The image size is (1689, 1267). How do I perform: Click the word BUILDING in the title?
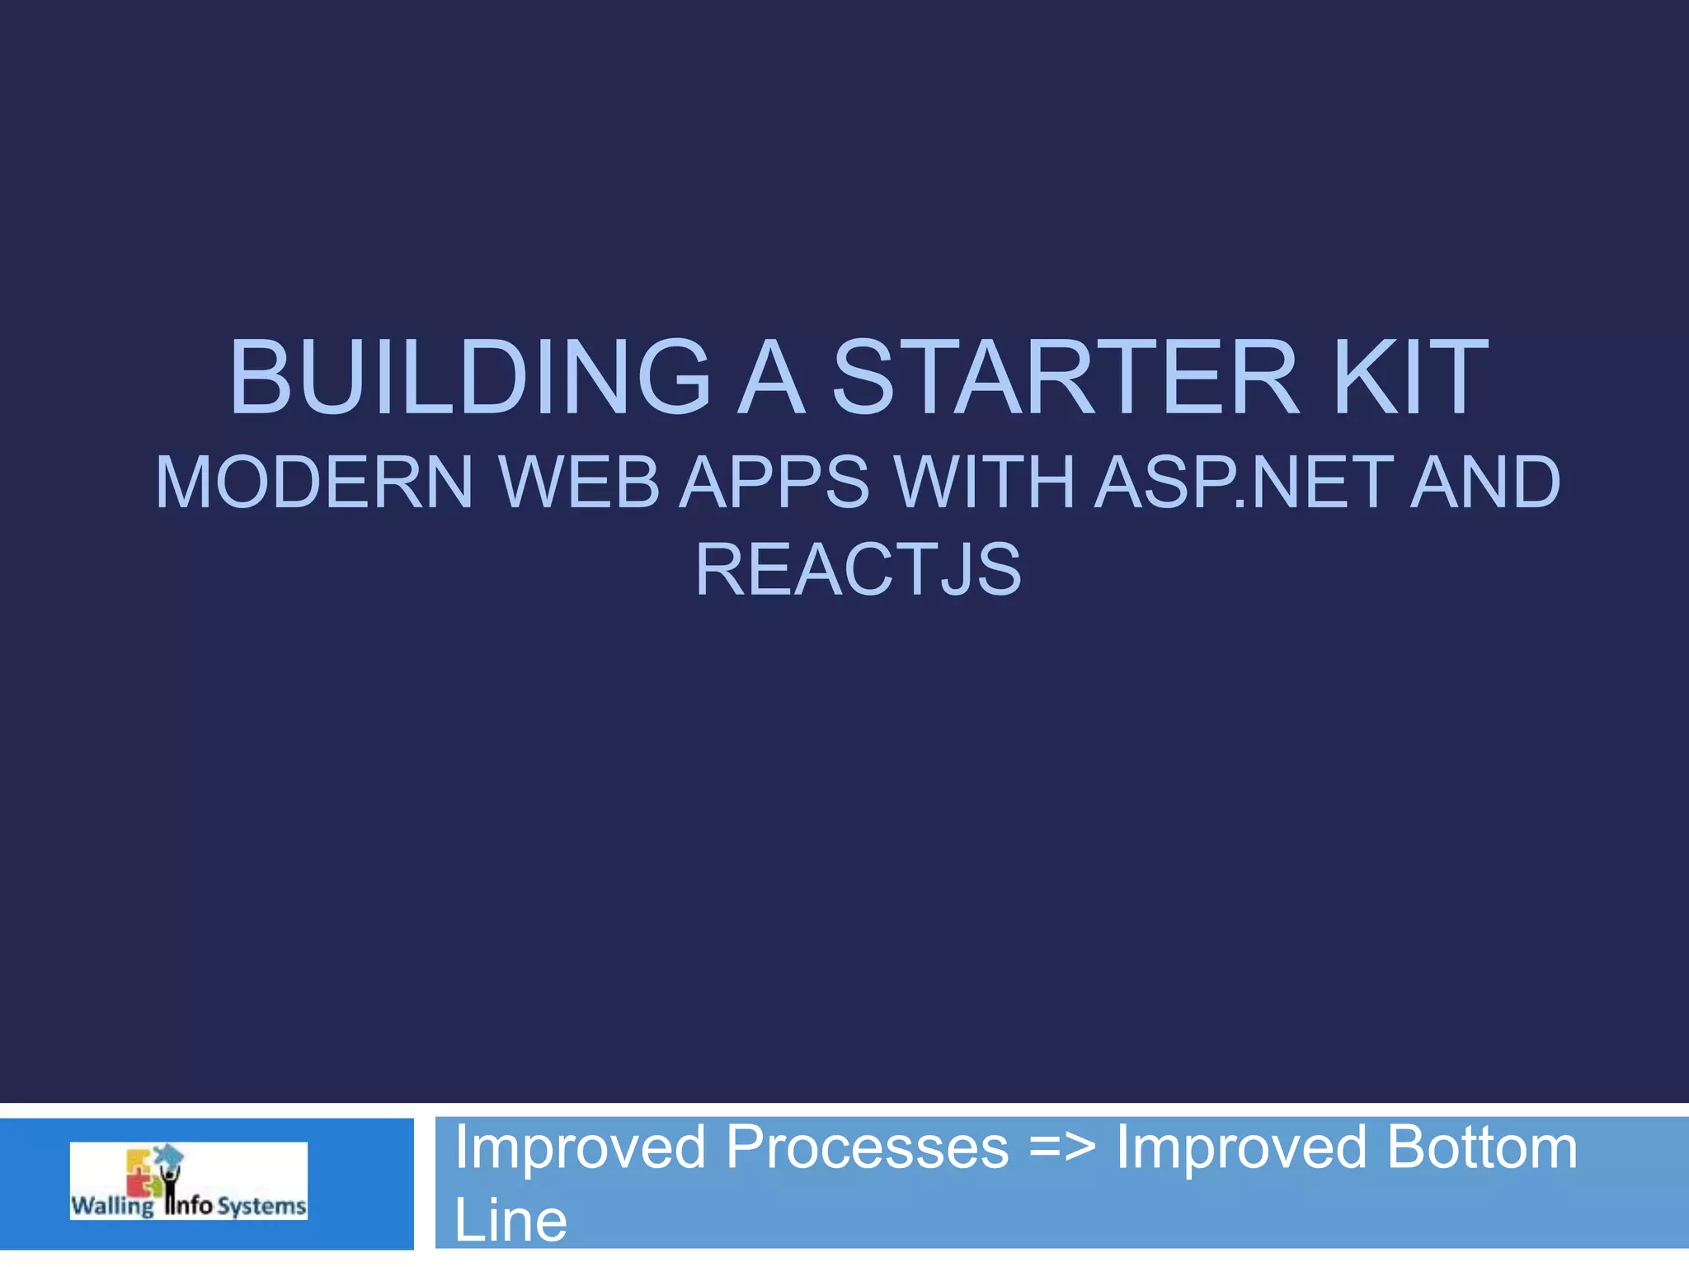470,377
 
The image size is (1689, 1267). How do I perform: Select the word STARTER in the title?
1066,377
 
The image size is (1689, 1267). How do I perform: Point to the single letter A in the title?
770,377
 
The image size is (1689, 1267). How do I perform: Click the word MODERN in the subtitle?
314,483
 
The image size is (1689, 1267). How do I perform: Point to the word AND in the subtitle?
1485,483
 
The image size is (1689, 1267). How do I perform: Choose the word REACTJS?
858,569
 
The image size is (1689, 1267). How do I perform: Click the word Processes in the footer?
867,1147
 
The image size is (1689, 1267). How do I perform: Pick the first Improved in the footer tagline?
580,1147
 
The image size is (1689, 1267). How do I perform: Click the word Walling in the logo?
111,1206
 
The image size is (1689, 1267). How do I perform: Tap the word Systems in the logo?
262,1206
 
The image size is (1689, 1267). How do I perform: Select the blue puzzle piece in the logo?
168,1153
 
